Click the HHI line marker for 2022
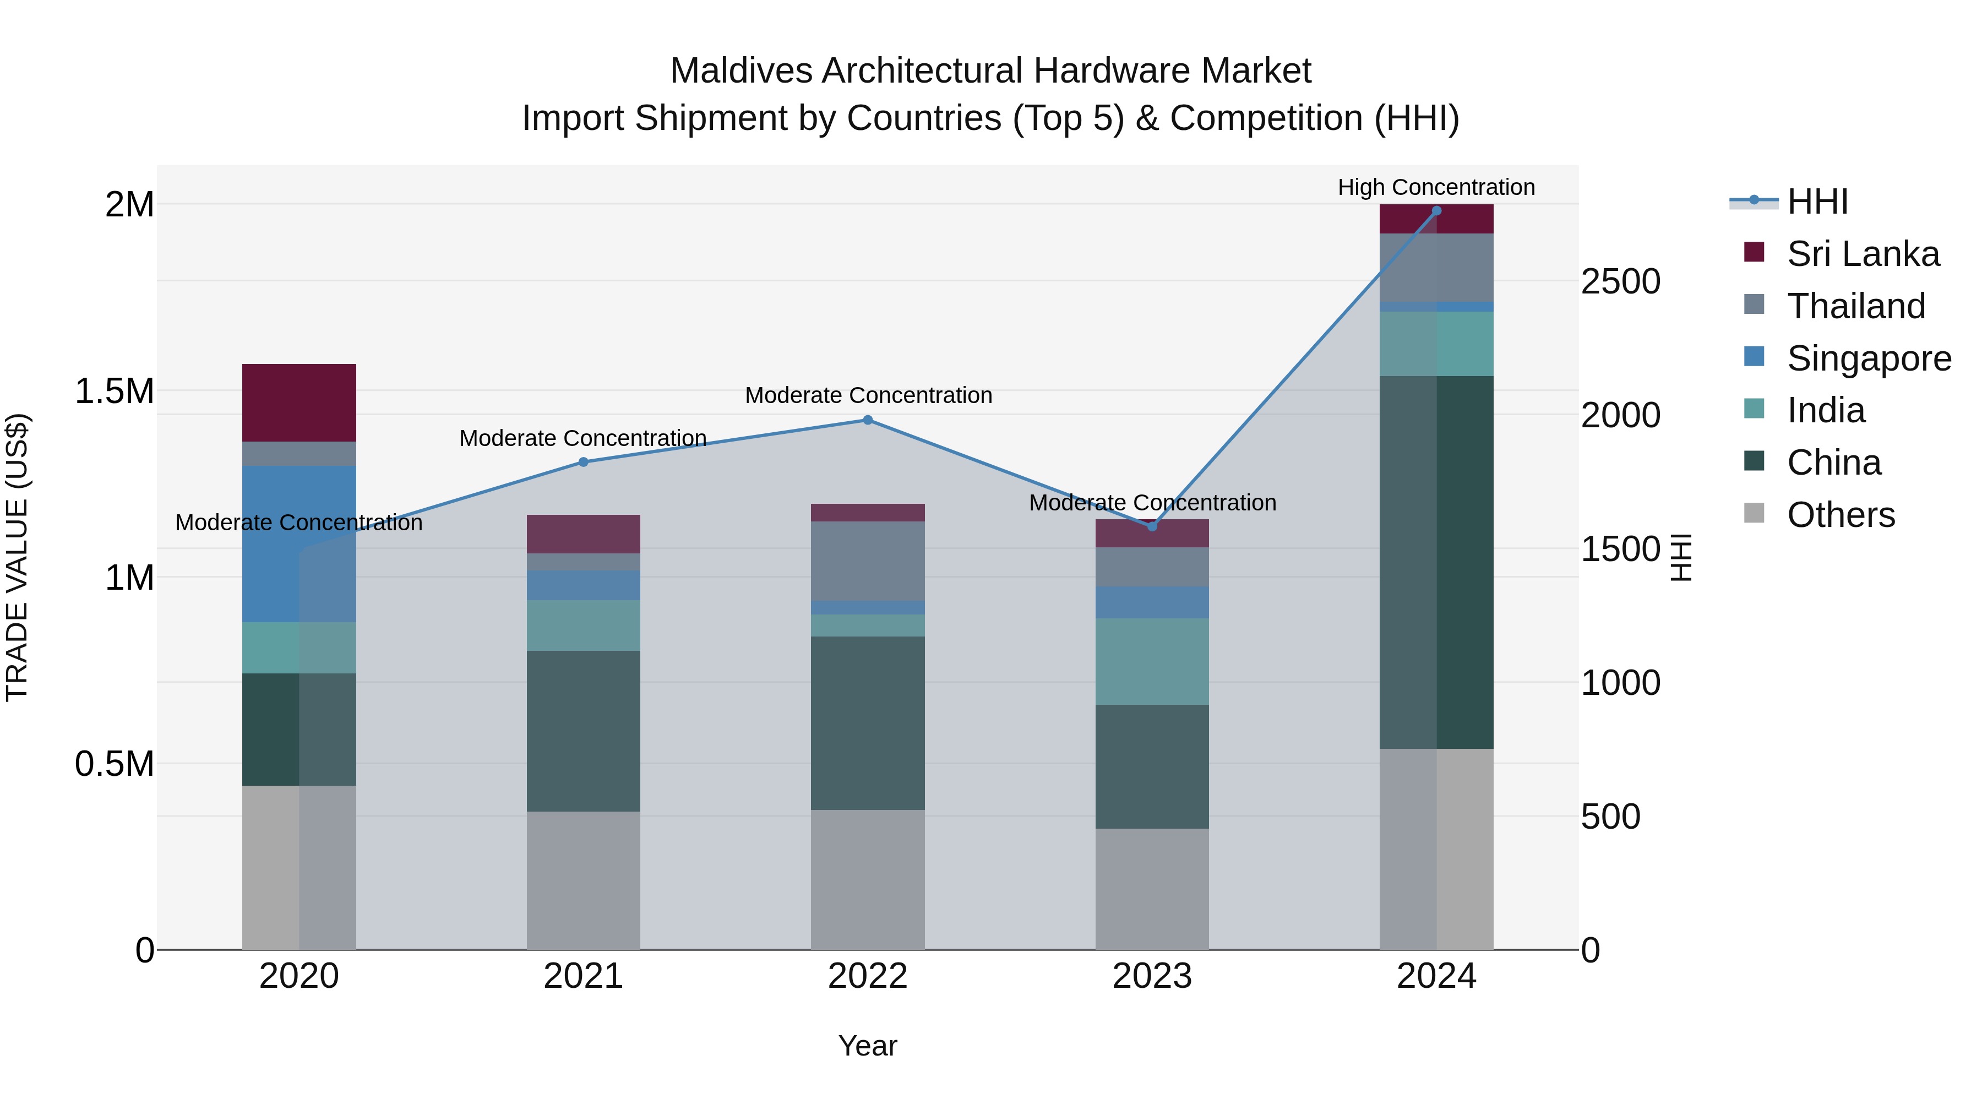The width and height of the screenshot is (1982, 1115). point(868,420)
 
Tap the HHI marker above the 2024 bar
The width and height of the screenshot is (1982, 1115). point(1436,211)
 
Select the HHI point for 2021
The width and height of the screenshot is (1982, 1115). point(583,463)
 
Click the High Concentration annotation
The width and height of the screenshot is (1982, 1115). point(1436,187)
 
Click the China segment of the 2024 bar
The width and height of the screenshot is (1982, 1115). point(1436,562)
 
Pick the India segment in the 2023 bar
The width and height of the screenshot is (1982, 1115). point(1152,662)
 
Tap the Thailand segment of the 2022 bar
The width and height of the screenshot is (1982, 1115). point(868,561)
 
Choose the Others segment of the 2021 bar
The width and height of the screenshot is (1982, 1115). point(583,880)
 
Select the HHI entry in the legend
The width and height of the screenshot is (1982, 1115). point(1817,202)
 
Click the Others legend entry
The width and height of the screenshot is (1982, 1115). point(1841,515)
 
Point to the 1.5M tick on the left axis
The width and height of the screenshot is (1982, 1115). point(114,391)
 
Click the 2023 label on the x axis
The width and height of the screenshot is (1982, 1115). point(1152,976)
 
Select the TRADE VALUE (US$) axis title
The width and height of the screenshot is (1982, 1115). point(17,557)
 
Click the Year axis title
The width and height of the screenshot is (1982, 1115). point(867,1046)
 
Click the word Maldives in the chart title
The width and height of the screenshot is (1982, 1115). point(740,71)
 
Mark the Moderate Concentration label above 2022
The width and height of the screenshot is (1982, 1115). point(868,395)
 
